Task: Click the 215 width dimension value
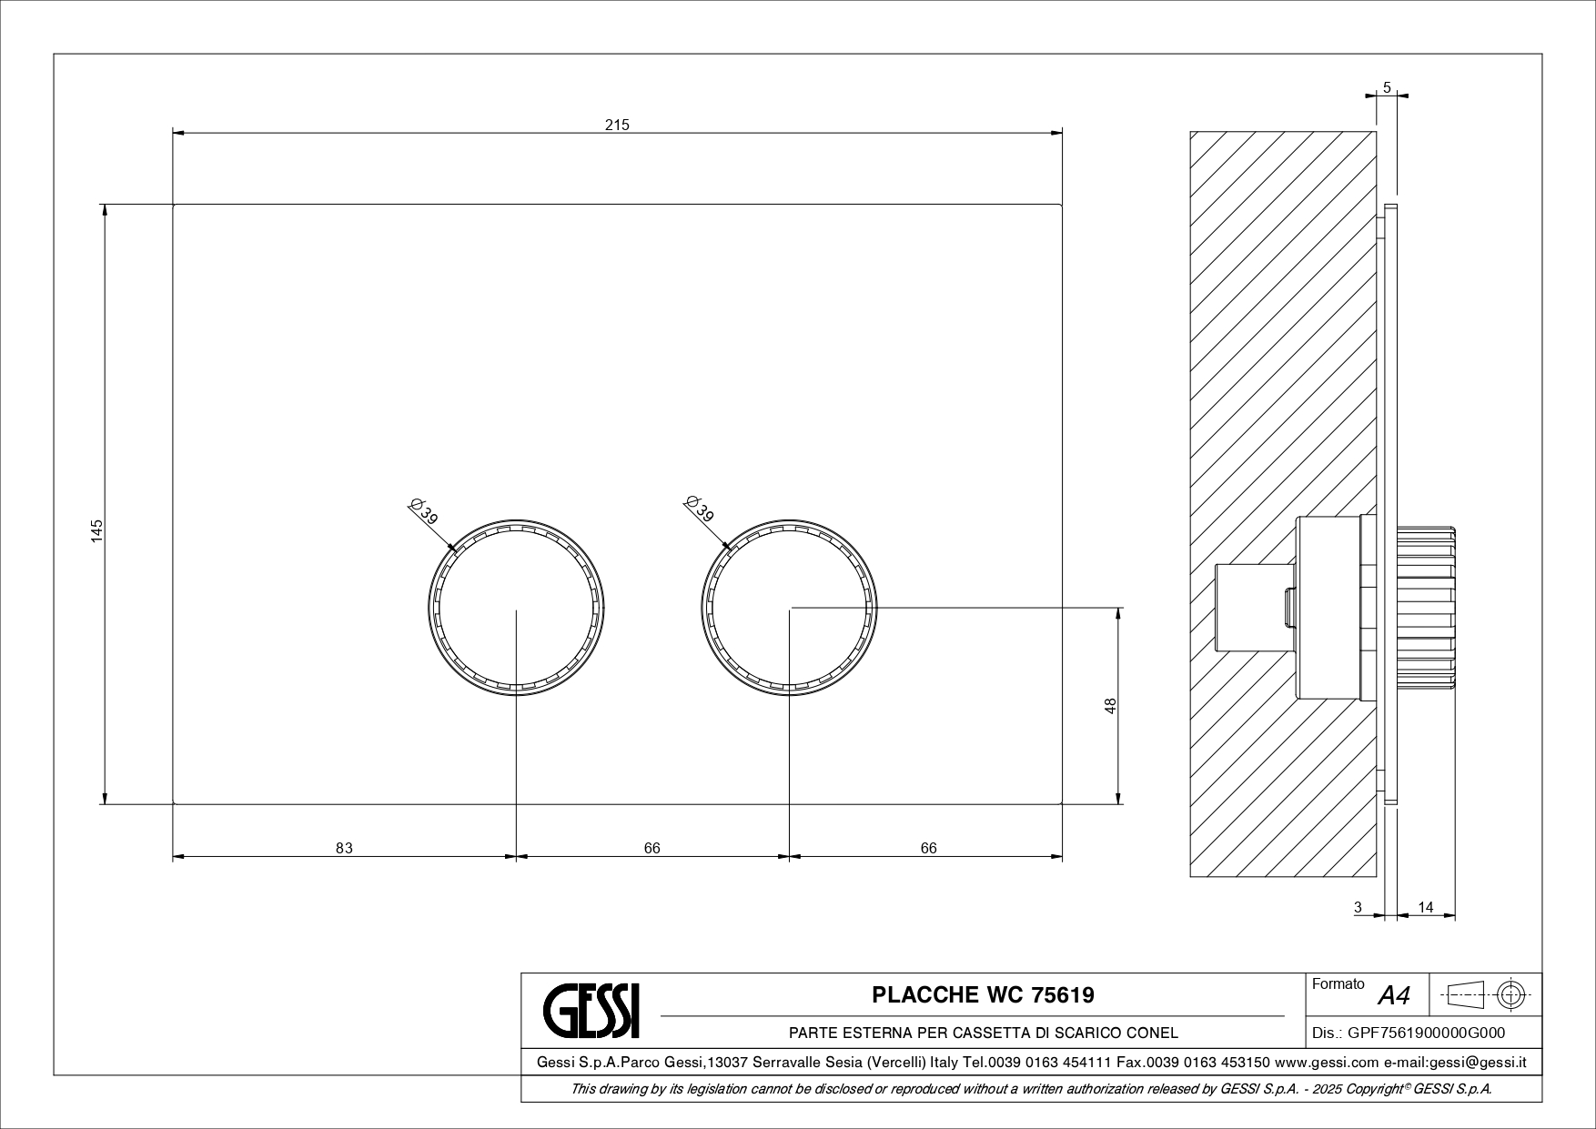pyautogui.click(x=617, y=125)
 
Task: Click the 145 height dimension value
pyautogui.click(x=97, y=530)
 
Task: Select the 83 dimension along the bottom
pyautogui.click(x=344, y=848)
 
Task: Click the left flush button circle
pyautogui.click(x=429, y=608)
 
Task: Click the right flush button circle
pyautogui.click(x=702, y=608)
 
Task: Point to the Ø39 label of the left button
pyautogui.click(x=424, y=510)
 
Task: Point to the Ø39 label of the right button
pyautogui.click(x=699, y=509)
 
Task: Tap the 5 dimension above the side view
pyautogui.click(x=1387, y=87)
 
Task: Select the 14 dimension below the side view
pyautogui.click(x=1426, y=907)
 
